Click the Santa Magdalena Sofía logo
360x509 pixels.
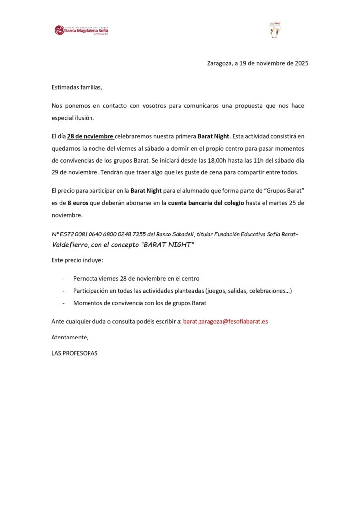click(82, 30)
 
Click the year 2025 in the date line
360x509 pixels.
click(301, 63)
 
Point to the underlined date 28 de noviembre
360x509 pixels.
click(90, 136)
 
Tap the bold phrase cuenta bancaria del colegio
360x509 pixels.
click(206, 203)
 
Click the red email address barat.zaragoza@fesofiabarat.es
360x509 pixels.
click(225, 321)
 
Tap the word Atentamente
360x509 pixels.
click(70, 338)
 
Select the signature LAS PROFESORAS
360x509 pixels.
click(75, 354)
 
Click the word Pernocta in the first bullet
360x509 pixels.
click(86, 278)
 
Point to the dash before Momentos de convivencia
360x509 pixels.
click(63, 303)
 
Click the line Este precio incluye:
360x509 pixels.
click(77, 260)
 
